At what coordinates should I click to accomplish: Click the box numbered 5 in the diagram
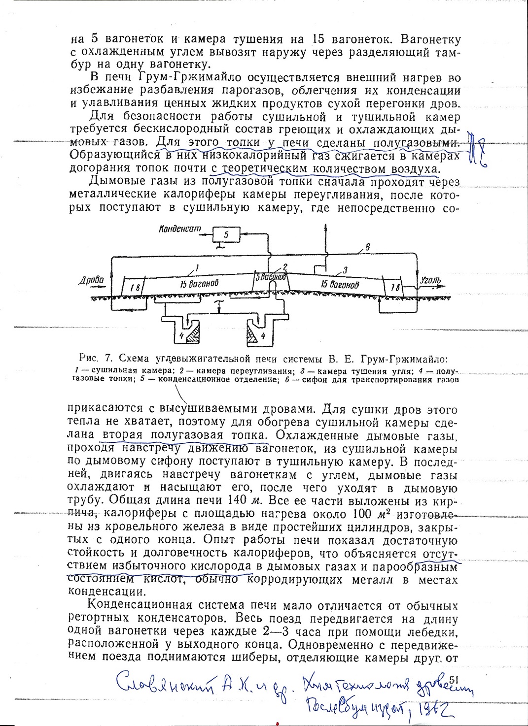(x=226, y=235)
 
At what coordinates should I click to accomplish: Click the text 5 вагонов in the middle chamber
(x=270, y=277)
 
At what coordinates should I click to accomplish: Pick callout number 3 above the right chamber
(x=345, y=269)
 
